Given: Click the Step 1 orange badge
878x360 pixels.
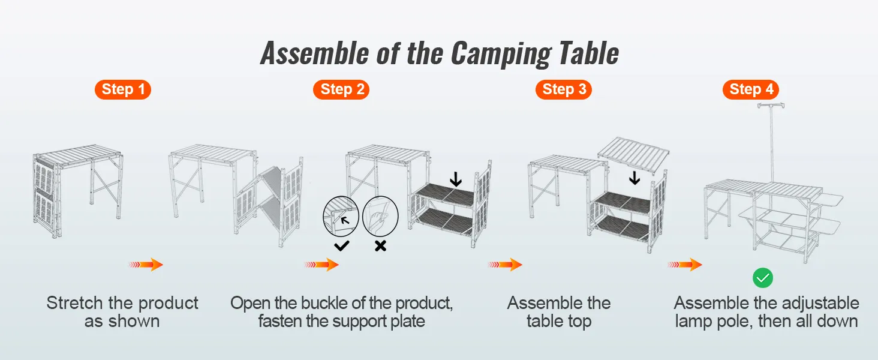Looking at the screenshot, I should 122,90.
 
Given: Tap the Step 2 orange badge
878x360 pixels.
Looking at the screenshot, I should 341,90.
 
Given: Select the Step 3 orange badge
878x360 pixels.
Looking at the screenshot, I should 563,90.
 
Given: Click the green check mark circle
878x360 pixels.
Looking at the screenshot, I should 763,278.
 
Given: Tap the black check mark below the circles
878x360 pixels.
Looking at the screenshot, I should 342,245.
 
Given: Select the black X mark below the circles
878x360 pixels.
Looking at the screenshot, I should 380,245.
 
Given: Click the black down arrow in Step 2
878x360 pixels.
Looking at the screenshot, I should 456,179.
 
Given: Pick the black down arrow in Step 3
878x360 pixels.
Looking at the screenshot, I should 635,178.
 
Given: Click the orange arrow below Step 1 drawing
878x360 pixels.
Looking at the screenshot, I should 145,265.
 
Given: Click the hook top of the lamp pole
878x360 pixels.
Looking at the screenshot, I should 772,107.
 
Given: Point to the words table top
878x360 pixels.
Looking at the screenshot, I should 559,322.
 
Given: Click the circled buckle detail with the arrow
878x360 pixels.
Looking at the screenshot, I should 341,217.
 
